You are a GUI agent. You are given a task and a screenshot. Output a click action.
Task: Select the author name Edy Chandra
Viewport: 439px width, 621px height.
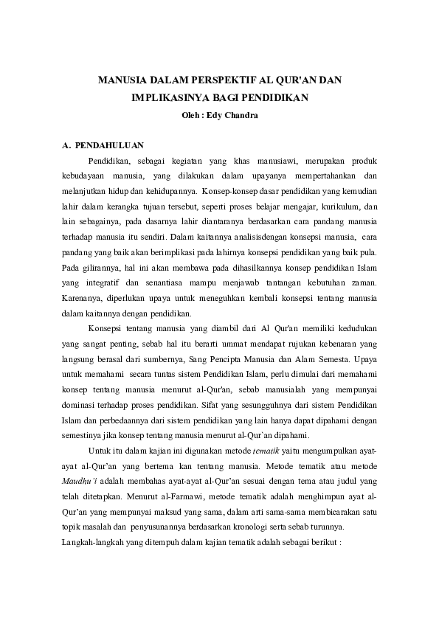[x=232, y=114]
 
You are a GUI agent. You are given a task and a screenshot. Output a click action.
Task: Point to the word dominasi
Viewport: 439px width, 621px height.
[x=80, y=404]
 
